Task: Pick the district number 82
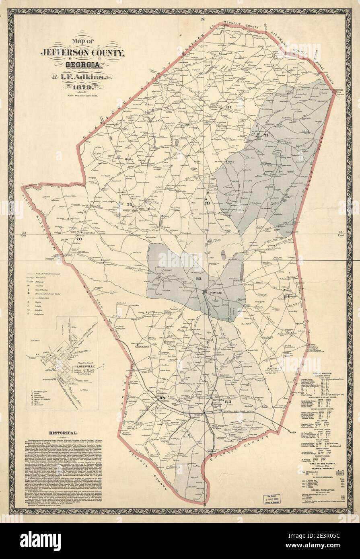pyautogui.click(x=198, y=278)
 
